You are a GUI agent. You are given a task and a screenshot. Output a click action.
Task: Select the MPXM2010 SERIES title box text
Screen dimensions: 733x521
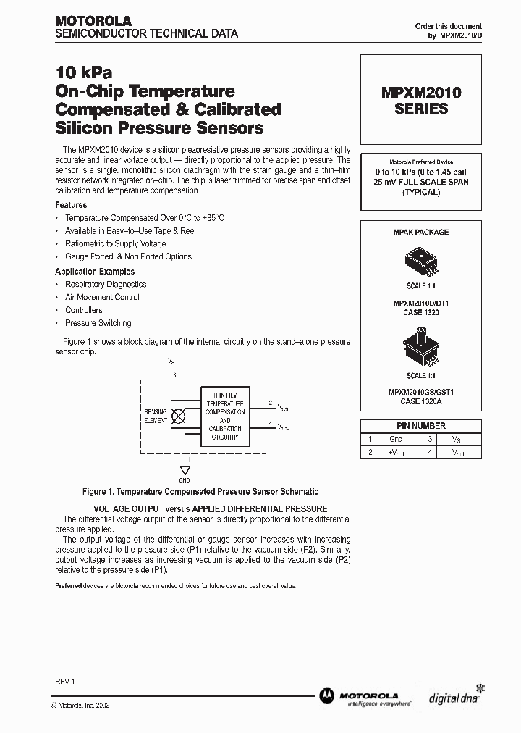420,101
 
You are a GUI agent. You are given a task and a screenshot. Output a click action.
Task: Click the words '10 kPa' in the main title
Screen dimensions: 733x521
84,73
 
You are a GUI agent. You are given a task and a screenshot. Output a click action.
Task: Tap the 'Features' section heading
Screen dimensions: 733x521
71,205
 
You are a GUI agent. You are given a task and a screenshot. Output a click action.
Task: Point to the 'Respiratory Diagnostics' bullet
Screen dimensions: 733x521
106,284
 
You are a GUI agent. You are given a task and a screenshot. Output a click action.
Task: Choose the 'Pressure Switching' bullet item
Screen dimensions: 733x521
98,323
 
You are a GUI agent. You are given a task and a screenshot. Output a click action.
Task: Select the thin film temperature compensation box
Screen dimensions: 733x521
225,416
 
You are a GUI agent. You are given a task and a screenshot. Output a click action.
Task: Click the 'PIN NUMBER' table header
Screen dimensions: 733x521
420,426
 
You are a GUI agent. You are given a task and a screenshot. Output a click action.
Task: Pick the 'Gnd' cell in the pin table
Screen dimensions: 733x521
396,439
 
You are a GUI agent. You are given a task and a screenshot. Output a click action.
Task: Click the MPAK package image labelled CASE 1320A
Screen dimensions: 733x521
420,351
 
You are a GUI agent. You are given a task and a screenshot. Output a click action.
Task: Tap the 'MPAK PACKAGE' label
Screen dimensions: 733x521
420,233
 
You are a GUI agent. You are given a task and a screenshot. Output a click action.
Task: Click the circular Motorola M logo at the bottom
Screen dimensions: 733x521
326,695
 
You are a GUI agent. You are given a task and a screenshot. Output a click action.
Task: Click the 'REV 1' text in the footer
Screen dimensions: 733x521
65,682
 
